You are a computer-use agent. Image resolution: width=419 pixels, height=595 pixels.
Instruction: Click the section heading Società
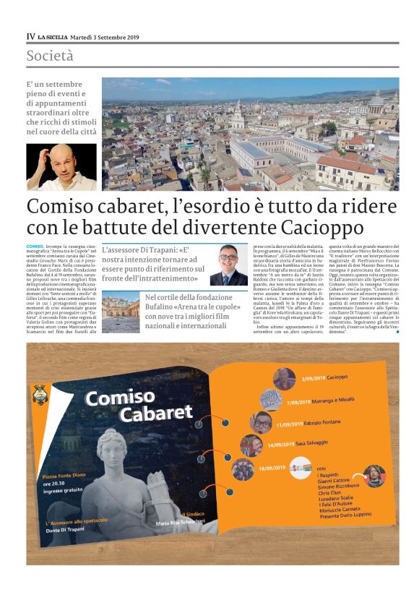tap(50, 56)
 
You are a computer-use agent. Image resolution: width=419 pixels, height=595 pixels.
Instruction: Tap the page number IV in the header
tap(30, 37)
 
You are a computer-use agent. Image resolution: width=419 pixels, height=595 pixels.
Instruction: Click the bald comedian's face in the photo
tap(53, 165)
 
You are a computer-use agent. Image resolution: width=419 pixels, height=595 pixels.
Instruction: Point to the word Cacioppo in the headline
tap(319, 228)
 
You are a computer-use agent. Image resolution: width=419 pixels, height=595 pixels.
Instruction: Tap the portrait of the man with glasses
tap(228, 264)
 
